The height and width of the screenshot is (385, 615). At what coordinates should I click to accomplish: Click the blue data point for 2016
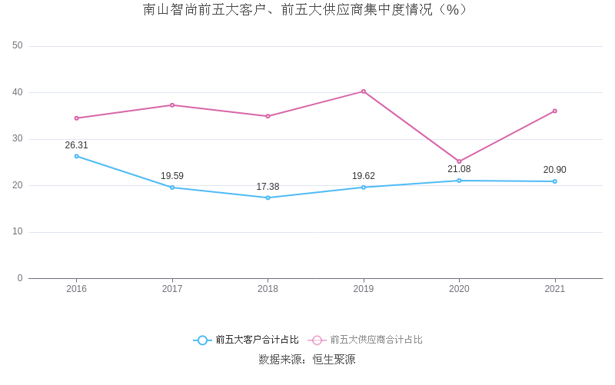click(x=76, y=156)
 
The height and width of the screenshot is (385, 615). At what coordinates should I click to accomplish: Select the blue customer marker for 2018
click(x=268, y=197)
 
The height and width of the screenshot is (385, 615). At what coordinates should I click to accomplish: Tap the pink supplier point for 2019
click(x=364, y=91)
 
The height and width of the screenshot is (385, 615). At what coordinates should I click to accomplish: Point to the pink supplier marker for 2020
click(x=459, y=161)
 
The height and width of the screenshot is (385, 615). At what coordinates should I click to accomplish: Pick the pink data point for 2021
click(x=555, y=111)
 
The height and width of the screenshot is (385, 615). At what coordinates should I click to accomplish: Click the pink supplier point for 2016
click(x=76, y=118)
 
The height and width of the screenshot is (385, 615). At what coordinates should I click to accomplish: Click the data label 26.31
click(x=76, y=145)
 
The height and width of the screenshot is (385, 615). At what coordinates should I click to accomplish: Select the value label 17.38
click(x=268, y=187)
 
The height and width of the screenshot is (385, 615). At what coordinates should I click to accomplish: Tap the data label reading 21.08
click(x=459, y=169)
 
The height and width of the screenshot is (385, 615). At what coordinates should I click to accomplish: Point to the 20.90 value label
click(x=555, y=170)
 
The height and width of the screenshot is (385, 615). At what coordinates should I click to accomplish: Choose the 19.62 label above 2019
click(x=364, y=176)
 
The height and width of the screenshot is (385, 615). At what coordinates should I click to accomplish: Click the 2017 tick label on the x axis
click(x=172, y=289)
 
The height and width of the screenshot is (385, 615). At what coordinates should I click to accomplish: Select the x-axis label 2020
click(x=459, y=289)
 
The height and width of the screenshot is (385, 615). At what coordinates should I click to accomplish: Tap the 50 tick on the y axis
click(x=18, y=46)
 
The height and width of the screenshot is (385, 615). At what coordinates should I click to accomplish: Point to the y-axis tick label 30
click(x=18, y=139)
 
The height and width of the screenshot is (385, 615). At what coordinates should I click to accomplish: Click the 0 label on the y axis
click(x=20, y=278)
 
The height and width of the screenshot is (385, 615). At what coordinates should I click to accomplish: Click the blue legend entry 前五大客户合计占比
click(x=246, y=340)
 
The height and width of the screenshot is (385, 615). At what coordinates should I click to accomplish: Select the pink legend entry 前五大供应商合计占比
click(x=366, y=340)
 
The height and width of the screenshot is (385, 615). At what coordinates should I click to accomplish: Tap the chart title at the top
click(x=305, y=10)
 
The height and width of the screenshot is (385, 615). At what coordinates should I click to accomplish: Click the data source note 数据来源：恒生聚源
click(x=307, y=360)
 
